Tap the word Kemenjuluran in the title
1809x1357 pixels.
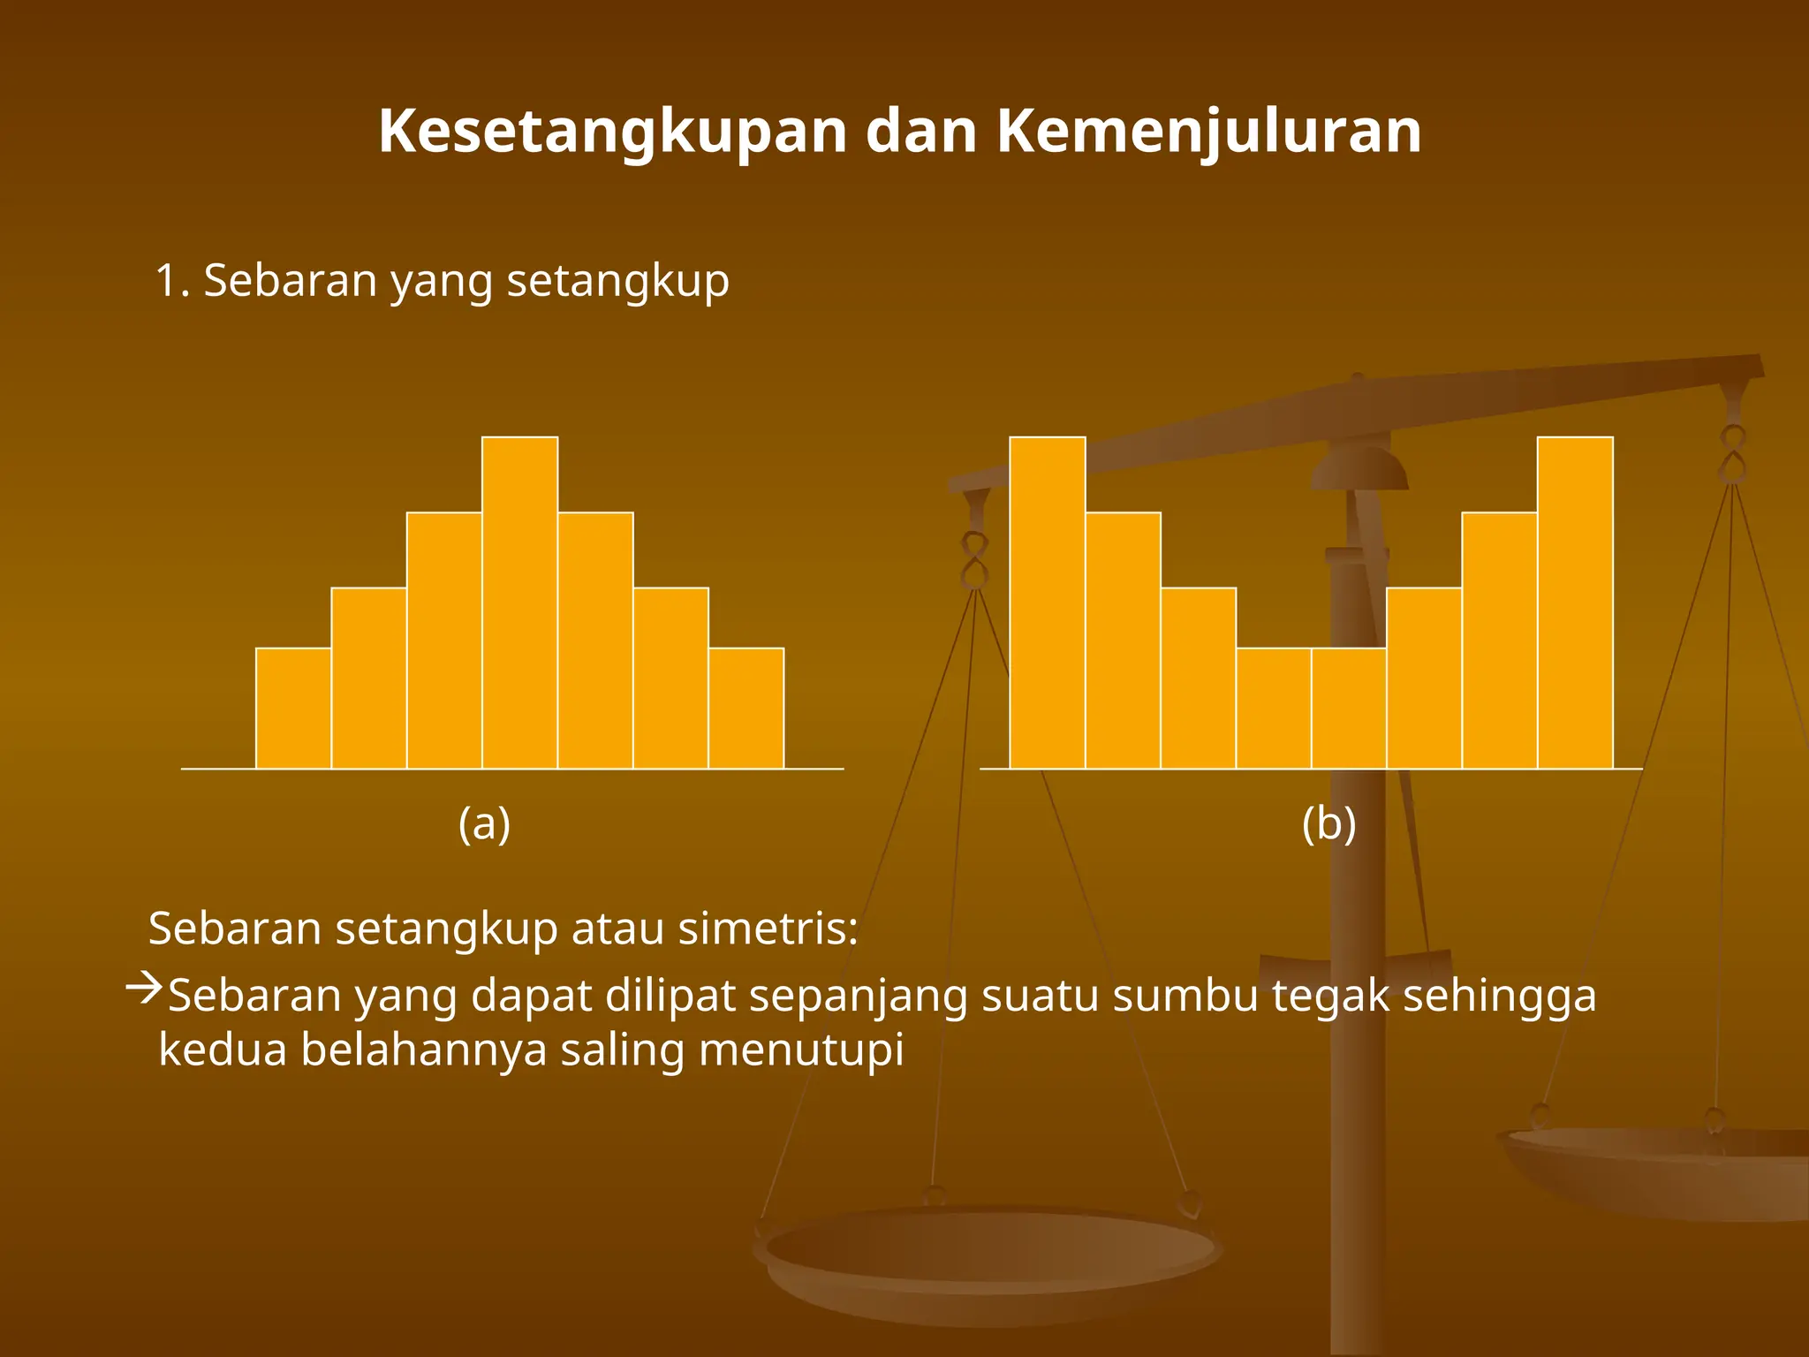[1209, 133]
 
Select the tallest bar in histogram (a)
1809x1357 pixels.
[519, 603]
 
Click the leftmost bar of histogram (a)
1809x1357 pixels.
[293, 709]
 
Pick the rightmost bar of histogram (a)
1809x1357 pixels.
[746, 709]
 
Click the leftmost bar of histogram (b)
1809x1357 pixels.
[1048, 603]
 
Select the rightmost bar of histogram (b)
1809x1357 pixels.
[1575, 603]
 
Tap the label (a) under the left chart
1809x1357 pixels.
[484, 823]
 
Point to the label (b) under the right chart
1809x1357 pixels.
[1328, 823]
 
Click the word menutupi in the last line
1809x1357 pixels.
[801, 1050]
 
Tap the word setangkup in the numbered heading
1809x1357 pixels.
[617, 282]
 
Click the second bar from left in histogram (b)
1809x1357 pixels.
[1123, 641]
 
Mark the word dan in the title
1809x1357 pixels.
[920, 133]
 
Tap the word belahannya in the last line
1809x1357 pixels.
[423, 1050]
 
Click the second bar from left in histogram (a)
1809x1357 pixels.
[368, 678]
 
